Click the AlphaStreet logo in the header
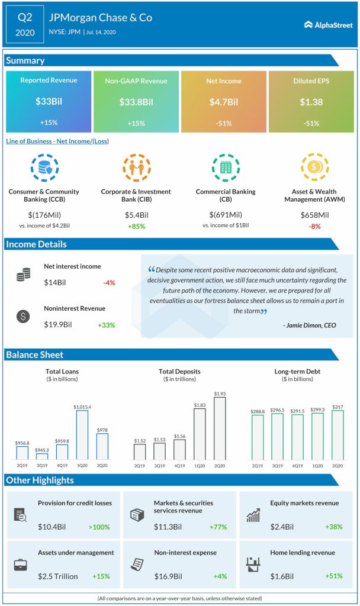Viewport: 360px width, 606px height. [x=328, y=24]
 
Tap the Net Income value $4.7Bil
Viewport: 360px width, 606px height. [x=224, y=102]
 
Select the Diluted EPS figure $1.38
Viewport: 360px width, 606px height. [x=310, y=102]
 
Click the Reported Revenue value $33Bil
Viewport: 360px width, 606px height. [x=48, y=102]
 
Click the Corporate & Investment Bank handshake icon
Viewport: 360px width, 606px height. [x=136, y=168]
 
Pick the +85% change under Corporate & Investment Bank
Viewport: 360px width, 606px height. [x=136, y=226]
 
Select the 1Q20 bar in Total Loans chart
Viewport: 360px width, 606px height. [x=82, y=434]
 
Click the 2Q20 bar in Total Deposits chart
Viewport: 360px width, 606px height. [x=220, y=428]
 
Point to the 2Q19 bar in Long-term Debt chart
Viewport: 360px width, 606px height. [x=257, y=437]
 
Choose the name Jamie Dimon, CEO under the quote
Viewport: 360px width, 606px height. [x=311, y=325]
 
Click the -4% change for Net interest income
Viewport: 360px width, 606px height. [x=108, y=283]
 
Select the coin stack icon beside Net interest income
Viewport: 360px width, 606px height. [x=24, y=275]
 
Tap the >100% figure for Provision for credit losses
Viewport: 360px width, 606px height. [x=100, y=527]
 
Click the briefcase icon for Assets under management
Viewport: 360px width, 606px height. [x=21, y=565]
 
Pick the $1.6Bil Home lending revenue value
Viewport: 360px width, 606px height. [x=282, y=576]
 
